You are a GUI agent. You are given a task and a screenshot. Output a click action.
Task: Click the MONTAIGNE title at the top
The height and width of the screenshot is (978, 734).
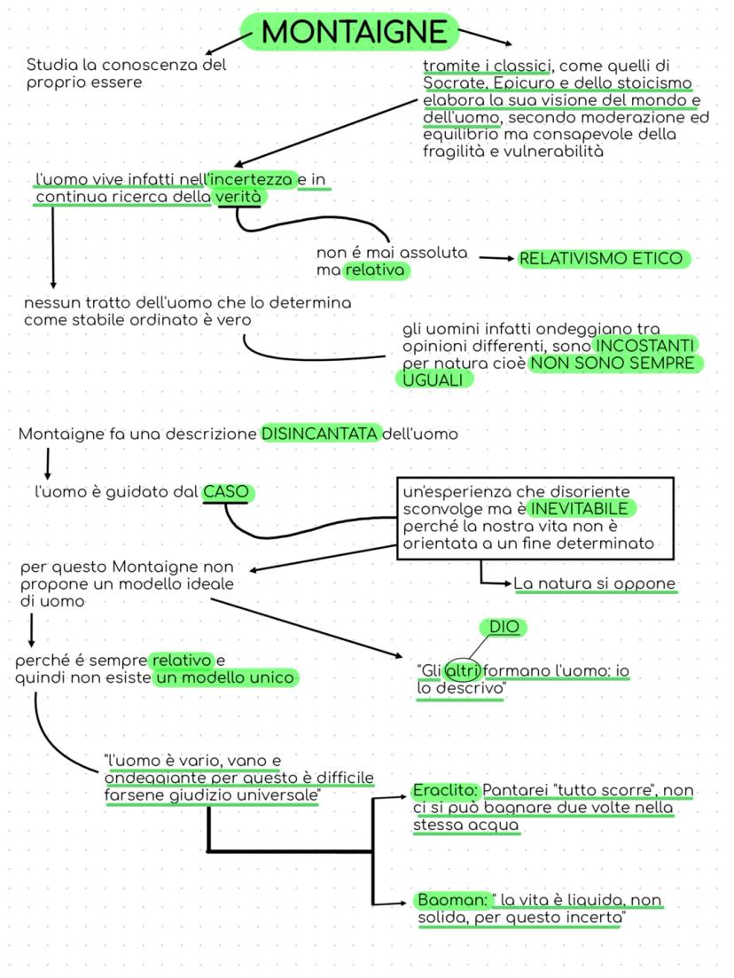(x=355, y=32)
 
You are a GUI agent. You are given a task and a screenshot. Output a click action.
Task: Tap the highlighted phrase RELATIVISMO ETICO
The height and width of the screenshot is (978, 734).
(x=601, y=259)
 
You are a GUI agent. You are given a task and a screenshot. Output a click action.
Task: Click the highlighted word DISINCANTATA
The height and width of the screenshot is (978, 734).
(x=320, y=434)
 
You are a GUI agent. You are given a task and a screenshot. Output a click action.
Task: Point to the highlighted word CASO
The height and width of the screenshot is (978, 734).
(x=227, y=492)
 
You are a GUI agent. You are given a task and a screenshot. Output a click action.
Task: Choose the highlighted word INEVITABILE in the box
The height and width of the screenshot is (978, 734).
(x=580, y=509)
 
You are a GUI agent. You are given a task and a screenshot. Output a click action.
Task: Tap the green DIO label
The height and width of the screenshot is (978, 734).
(x=503, y=628)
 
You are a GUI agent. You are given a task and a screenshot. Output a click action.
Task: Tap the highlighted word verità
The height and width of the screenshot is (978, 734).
(x=239, y=197)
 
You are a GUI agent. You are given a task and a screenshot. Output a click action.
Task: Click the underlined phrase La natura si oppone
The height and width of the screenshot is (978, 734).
(x=594, y=584)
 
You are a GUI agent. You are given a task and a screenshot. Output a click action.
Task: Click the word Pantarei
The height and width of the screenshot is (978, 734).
(x=514, y=790)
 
